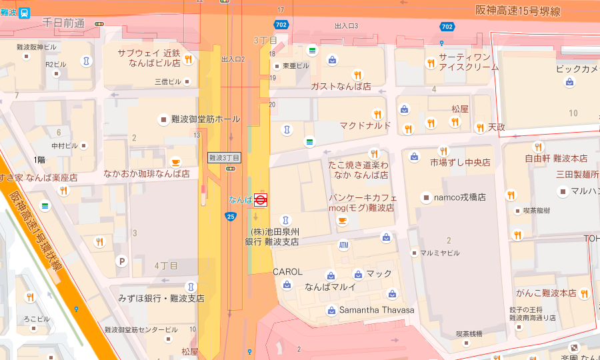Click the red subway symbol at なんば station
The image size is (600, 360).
point(261,199)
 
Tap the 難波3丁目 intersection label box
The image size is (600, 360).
point(224,158)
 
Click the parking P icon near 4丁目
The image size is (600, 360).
point(121,261)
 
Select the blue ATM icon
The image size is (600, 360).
point(343,245)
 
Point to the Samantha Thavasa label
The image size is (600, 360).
point(377,310)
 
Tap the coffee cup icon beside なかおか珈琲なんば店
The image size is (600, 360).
point(175,162)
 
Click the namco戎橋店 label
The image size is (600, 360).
point(461,197)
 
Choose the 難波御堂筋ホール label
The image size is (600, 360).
point(205,119)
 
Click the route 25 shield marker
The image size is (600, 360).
point(231,216)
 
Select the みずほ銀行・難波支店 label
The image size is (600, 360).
point(161,298)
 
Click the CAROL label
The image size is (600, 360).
point(288,272)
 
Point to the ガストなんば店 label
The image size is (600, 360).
point(341,87)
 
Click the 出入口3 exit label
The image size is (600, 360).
point(347,26)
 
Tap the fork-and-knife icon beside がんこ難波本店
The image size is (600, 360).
point(584,293)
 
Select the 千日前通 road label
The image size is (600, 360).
point(63,23)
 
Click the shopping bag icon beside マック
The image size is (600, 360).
point(358,274)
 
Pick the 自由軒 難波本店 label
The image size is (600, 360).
point(556,159)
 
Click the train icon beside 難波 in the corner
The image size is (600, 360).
point(24,11)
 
